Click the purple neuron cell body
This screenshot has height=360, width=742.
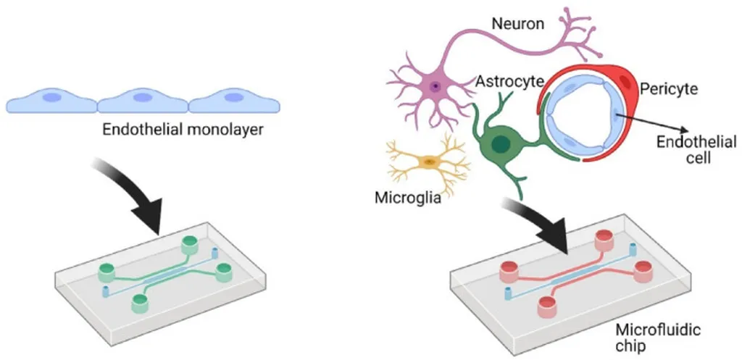pyautogui.click(x=434, y=87)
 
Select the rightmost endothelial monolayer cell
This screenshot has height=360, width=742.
pyautogui.click(x=234, y=101)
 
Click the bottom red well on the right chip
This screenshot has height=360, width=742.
pyautogui.click(x=548, y=306)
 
